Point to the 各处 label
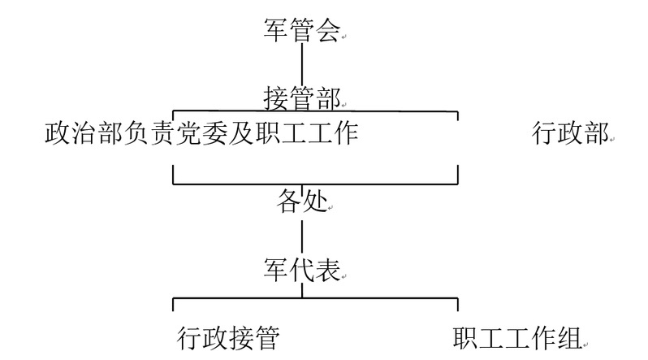coord(301,203)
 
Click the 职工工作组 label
coord(516,336)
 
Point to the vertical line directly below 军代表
coord(302,290)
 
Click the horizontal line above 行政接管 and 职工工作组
coord(317,299)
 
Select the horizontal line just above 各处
coord(317,184)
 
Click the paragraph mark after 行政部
coord(612,140)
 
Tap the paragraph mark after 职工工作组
coord(585,342)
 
